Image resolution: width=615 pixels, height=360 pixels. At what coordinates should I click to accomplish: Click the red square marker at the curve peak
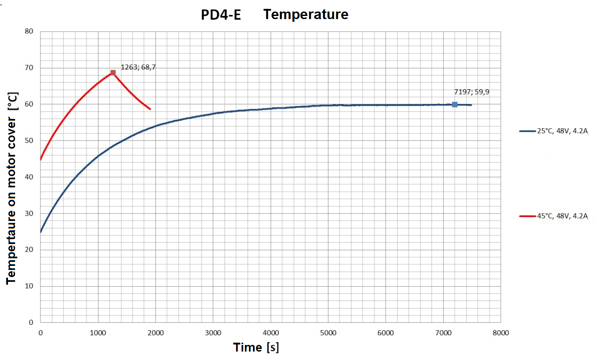coord(113,73)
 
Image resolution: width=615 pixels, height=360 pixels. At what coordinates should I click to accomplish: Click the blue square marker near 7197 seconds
coord(454,104)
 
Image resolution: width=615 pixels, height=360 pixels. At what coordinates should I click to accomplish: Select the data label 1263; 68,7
coord(138,67)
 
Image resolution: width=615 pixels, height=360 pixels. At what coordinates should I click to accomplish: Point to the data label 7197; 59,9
coord(471,92)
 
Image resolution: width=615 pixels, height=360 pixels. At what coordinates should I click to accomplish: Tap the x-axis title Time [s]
coord(256,347)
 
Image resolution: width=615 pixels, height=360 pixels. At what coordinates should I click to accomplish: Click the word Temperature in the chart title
coord(306,15)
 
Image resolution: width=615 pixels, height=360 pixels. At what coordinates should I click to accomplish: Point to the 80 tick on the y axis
coord(30,32)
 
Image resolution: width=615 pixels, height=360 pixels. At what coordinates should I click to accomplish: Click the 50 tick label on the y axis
coord(30,141)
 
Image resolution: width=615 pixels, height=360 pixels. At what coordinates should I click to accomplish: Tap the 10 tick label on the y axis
coord(30,286)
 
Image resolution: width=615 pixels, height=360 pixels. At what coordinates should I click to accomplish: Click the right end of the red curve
coord(150,109)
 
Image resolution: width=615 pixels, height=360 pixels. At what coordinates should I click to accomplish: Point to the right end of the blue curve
coord(471,105)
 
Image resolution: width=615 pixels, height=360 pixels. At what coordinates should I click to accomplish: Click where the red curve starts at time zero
coord(41,159)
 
